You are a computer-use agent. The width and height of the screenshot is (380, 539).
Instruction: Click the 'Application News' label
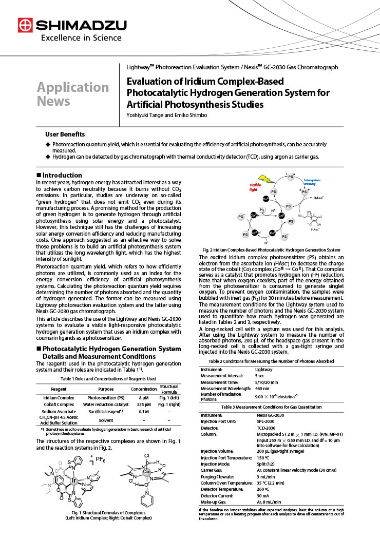tap(72, 94)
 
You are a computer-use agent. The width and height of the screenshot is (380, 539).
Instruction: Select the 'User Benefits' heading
tap(65, 134)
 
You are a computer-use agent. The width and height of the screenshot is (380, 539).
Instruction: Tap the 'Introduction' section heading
tap(62, 175)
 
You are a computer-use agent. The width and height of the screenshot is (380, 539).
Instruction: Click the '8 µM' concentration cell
tap(143, 397)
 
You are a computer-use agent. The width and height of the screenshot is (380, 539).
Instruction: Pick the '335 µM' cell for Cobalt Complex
tap(143, 405)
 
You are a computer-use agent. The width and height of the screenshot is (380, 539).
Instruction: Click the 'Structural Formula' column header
tap(169, 390)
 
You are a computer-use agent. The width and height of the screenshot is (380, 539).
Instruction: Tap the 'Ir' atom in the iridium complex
tap(74, 481)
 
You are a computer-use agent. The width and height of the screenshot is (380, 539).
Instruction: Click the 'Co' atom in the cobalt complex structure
tap(147, 471)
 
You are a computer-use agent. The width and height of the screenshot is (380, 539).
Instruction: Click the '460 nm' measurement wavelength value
tap(263, 389)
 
